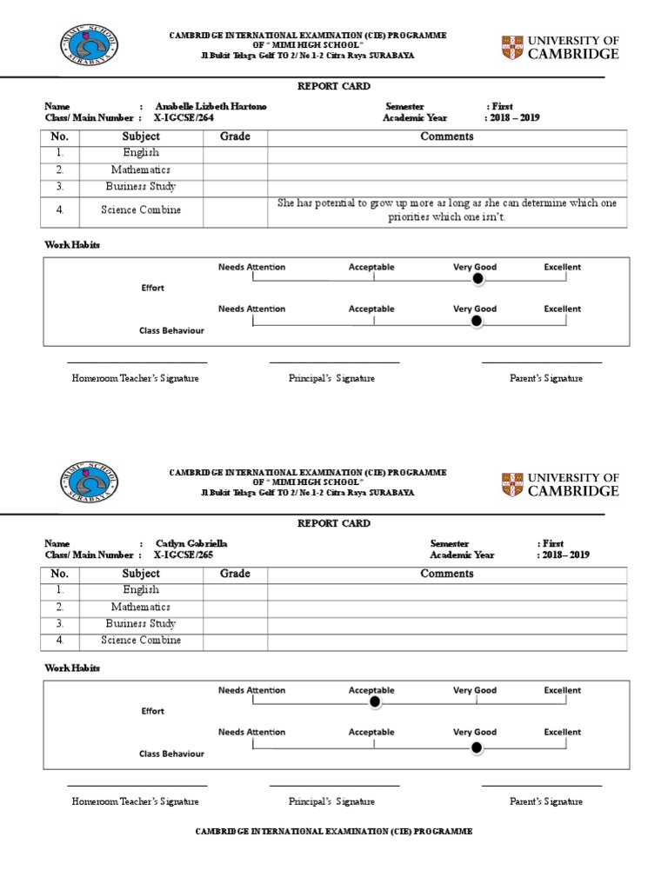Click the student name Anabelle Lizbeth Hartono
coord(210,106)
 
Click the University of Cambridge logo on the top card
coord(560,47)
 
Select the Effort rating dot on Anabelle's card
coord(476,278)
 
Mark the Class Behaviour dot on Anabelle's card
coord(476,321)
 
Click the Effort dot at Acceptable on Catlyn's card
coord(374,701)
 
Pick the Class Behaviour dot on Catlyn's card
coord(476,746)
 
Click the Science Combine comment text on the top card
coord(446,209)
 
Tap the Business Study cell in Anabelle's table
coord(141,186)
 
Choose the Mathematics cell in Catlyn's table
coord(141,607)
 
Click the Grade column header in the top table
coord(235,136)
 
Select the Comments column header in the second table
coord(446,574)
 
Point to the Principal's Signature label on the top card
coord(331,378)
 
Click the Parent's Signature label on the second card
coord(545,801)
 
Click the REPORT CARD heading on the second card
coord(334,523)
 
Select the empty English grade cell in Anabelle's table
coord(235,154)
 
